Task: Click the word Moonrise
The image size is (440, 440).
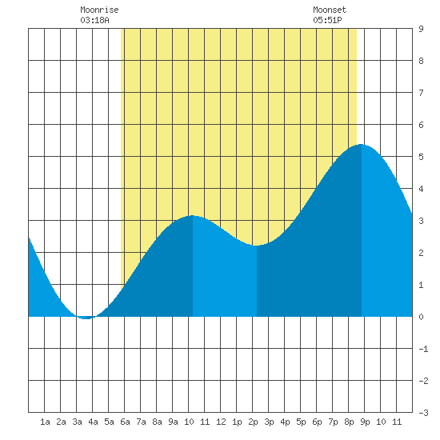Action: click(x=99, y=10)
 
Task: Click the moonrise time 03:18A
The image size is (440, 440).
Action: click(x=94, y=20)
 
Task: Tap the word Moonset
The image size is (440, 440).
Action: click(x=330, y=10)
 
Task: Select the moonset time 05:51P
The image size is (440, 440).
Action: click(x=327, y=20)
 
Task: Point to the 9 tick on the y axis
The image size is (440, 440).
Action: click(x=421, y=29)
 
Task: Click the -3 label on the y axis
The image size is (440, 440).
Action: click(x=423, y=413)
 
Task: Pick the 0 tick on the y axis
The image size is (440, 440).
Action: click(x=421, y=317)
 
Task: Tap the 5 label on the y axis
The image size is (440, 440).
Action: click(x=421, y=157)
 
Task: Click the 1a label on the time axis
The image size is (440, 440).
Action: click(x=45, y=422)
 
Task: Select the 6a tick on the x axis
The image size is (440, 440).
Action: click(x=125, y=422)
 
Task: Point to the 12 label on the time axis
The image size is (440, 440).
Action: click(x=221, y=422)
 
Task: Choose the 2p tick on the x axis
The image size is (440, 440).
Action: click(x=253, y=422)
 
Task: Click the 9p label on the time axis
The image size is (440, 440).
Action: click(x=365, y=422)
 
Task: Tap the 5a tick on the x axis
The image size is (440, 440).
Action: click(x=109, y=422)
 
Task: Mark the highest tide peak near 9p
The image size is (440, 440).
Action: click(x=361, y=144)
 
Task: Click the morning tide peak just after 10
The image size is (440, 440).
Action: click(x=193, y=215)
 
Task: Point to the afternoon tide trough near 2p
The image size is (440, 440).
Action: click(x=257, y=246)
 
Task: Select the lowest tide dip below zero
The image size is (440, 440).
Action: click(x=86, y=318)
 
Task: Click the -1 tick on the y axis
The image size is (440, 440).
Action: click(x=423, y=349)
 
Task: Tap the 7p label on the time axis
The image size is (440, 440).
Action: click(x=333, y=422)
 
